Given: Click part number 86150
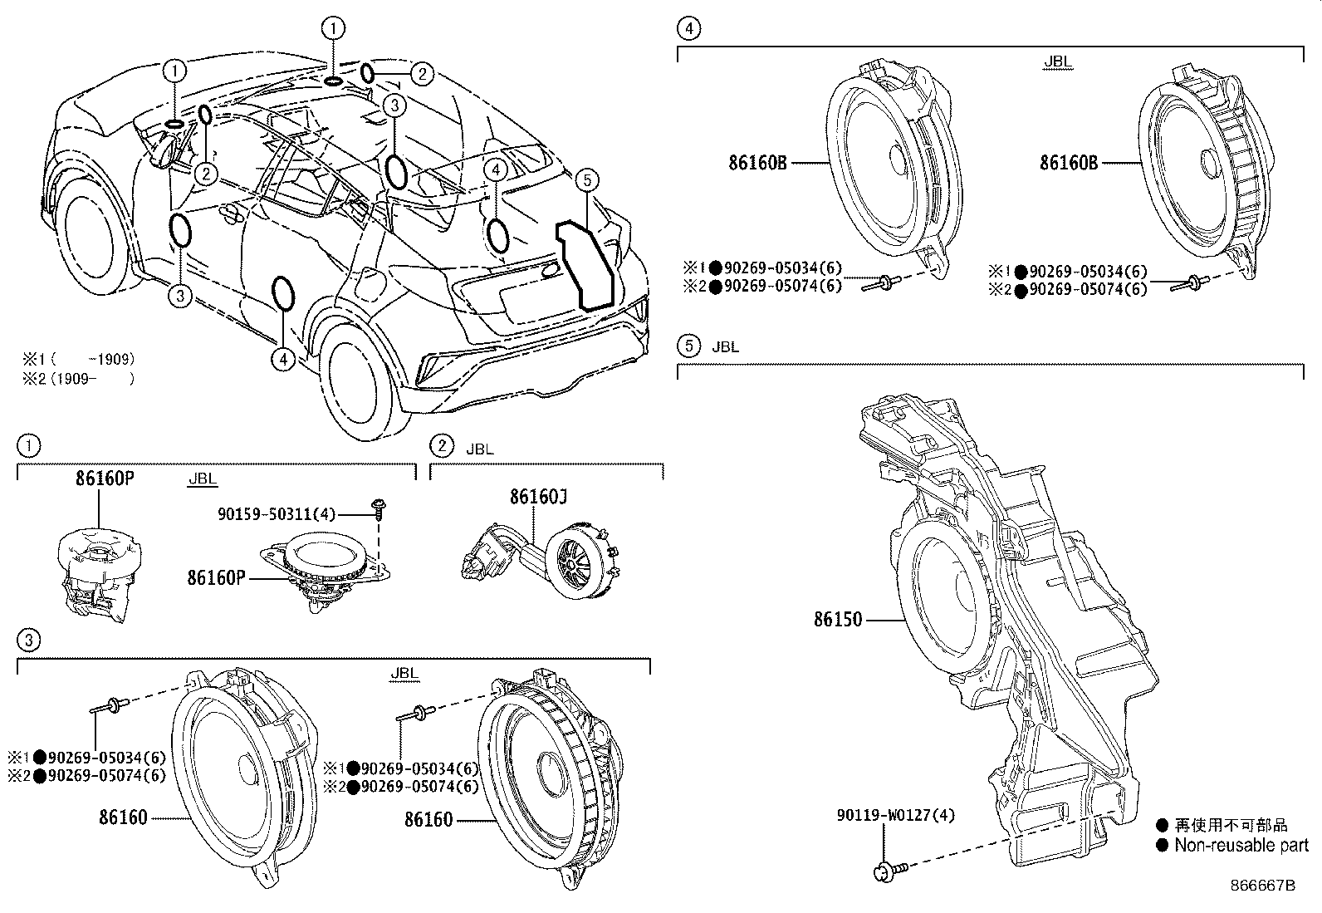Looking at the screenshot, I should [x=838, y=620].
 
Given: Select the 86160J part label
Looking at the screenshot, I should [x=538, y=497].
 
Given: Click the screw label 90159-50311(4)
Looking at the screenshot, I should [x=277, y=515].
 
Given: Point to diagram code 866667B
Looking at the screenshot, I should [x=1262, y=886].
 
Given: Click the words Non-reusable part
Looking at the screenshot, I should [x=1241, y=846].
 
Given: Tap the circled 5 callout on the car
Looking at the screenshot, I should [x=586, y=179].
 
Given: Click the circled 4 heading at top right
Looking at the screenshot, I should [x=688, y=29].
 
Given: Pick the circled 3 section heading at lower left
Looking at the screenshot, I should [x=28, y=640].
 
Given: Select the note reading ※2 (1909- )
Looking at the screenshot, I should [x=78, y=379].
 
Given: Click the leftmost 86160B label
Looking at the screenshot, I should [x=757, y=164].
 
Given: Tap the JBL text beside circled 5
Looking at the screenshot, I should [x=725, y=347].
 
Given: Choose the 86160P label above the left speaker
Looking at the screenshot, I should [x=105, y=479].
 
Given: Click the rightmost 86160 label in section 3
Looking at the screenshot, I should [x=428, y=820].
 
